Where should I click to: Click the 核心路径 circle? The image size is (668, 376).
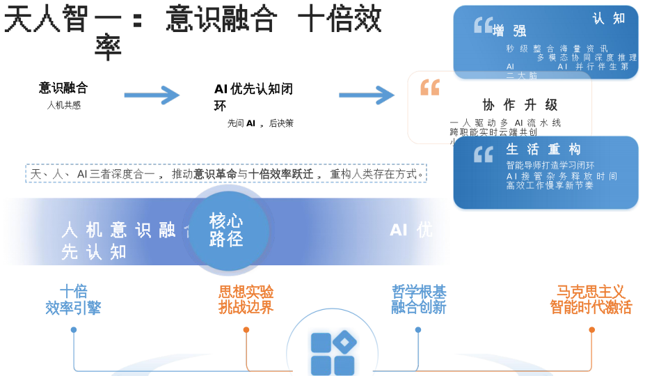(x=227, y=230)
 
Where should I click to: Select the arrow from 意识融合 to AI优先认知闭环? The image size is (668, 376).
(x=152, y=95)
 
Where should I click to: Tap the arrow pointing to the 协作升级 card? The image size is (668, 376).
(x=367, y=95)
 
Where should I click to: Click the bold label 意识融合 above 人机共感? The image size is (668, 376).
(x=63, y=88)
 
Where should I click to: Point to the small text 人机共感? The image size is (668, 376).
(x=63, y=105)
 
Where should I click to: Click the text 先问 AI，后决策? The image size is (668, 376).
(x=260, y=123)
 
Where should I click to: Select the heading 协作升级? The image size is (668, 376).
(x=520, y=105)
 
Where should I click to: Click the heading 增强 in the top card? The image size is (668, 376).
(x=509, y=31)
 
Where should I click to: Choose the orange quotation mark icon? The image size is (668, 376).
(x=430, y=87)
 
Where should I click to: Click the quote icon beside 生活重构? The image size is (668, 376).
(x=483, y=154)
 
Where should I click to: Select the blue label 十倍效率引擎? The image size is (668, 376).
(x=73, y=300)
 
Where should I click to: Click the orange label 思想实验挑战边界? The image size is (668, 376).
(x=246, y=300)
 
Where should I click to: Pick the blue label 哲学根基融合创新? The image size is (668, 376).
(x=418, y=300)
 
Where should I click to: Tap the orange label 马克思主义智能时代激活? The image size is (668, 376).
(x=591, y=300)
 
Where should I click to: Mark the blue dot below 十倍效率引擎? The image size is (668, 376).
(x=74, y=330)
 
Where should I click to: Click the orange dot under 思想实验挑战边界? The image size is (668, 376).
(x=246, y=330)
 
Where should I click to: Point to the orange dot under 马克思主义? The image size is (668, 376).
(x=591, y=330)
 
